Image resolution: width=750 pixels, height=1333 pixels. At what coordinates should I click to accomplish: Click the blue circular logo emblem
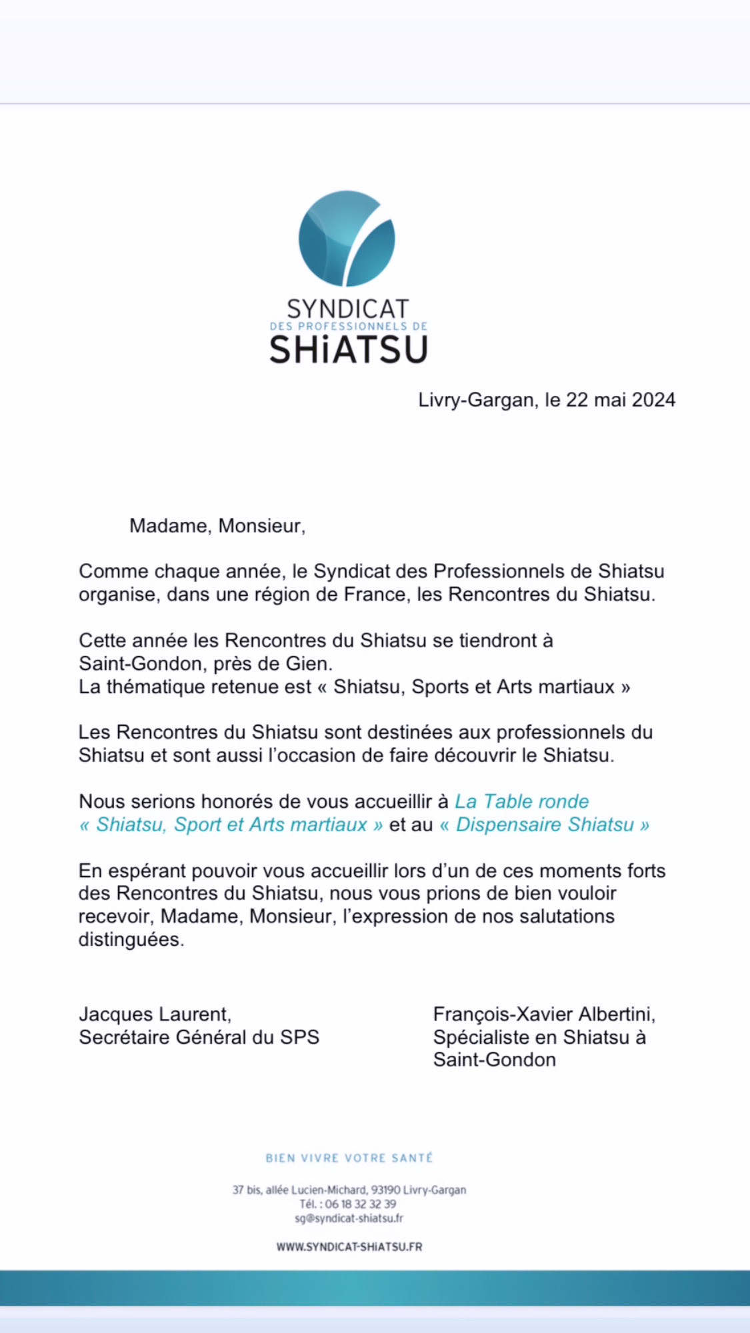click(347, 238)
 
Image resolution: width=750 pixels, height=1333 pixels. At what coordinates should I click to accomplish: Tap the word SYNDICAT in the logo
click(347, 309)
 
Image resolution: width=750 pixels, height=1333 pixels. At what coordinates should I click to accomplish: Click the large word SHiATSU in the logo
click(348, 349)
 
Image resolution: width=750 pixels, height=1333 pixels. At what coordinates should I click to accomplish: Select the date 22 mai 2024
click(621, 400)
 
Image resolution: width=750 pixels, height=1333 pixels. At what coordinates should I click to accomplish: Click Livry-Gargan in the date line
click(476, 400)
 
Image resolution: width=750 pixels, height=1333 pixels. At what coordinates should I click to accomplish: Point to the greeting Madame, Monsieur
click(217, 526)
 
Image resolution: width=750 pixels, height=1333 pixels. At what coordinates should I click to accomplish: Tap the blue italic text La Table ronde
click(522, 801)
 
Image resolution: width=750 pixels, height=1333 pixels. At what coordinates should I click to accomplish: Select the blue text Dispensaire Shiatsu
click(545, 824)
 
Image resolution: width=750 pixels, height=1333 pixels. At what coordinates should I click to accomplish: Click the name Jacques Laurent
click(155, 1014)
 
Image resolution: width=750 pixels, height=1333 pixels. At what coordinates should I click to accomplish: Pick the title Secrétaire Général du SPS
click(199, 1037)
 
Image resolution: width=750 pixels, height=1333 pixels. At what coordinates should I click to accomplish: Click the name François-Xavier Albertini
click(544, 1014)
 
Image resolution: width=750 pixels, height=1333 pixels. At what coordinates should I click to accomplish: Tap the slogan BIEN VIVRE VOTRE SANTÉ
click(349, 1158)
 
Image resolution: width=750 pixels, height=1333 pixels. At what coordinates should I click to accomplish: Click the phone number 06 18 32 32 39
click(361, 1204)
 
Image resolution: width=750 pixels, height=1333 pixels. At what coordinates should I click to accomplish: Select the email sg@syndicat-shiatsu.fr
click(349, 1218)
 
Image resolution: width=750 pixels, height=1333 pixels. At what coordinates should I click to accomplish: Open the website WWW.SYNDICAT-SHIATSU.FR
click(349, 1246)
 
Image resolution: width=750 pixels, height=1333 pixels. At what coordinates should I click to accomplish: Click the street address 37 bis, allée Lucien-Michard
click(300, 1190)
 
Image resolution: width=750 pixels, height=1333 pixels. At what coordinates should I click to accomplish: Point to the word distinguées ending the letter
click(131, 940)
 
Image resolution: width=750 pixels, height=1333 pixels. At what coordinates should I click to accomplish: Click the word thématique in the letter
click(158, 686)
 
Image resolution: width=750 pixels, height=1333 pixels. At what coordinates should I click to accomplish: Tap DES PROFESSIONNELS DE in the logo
click(348, 327)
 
